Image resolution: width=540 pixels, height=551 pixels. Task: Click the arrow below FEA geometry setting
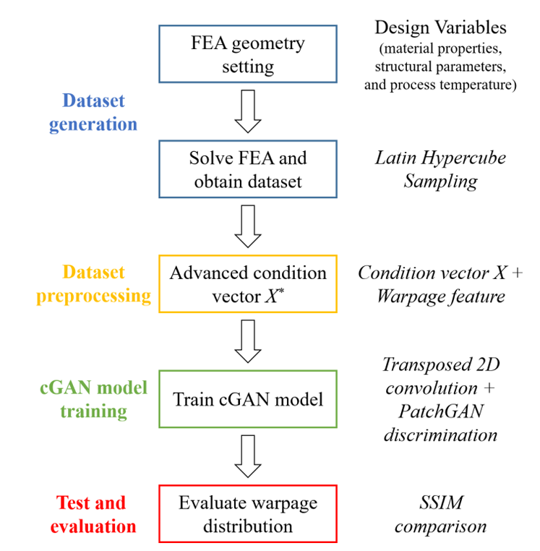point(248,111)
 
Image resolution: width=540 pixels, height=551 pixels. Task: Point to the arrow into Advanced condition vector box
point(248,226)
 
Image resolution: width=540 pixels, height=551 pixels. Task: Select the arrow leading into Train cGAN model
point(248,341)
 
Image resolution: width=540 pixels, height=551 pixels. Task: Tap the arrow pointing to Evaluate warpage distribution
point(248,456)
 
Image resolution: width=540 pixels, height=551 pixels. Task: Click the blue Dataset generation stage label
point(93,113)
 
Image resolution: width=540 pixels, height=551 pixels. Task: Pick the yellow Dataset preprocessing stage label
point(93,284)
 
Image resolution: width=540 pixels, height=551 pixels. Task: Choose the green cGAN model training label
point(93,399)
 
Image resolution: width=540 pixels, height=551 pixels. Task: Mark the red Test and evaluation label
point(93,514)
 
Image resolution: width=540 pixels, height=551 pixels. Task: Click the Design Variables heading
point(440,27)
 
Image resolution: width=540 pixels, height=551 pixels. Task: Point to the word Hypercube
point(464,158)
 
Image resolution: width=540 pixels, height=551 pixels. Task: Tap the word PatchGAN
point(441,411)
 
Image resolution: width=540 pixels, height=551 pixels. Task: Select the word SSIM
point(441,503)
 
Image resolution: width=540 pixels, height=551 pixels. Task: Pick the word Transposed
point(427,365)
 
